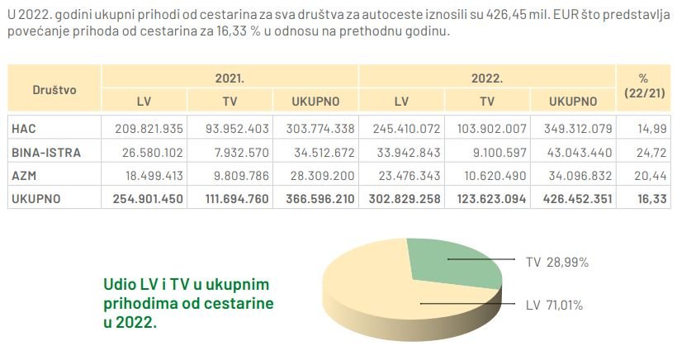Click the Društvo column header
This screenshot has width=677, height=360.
tap(54, 89)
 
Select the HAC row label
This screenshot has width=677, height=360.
tap(25, 128)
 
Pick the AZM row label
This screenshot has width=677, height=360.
tap(25, 175)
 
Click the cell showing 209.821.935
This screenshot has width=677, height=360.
tap(144, 128)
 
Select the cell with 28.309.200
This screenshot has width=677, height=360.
tap(317, 175)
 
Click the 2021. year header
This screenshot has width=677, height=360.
tap(230, 78)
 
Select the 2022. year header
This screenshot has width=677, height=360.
tap(487, 78)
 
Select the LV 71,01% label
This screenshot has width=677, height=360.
tap(554, 306)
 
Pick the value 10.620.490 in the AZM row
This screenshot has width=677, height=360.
tap(488, 175)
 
